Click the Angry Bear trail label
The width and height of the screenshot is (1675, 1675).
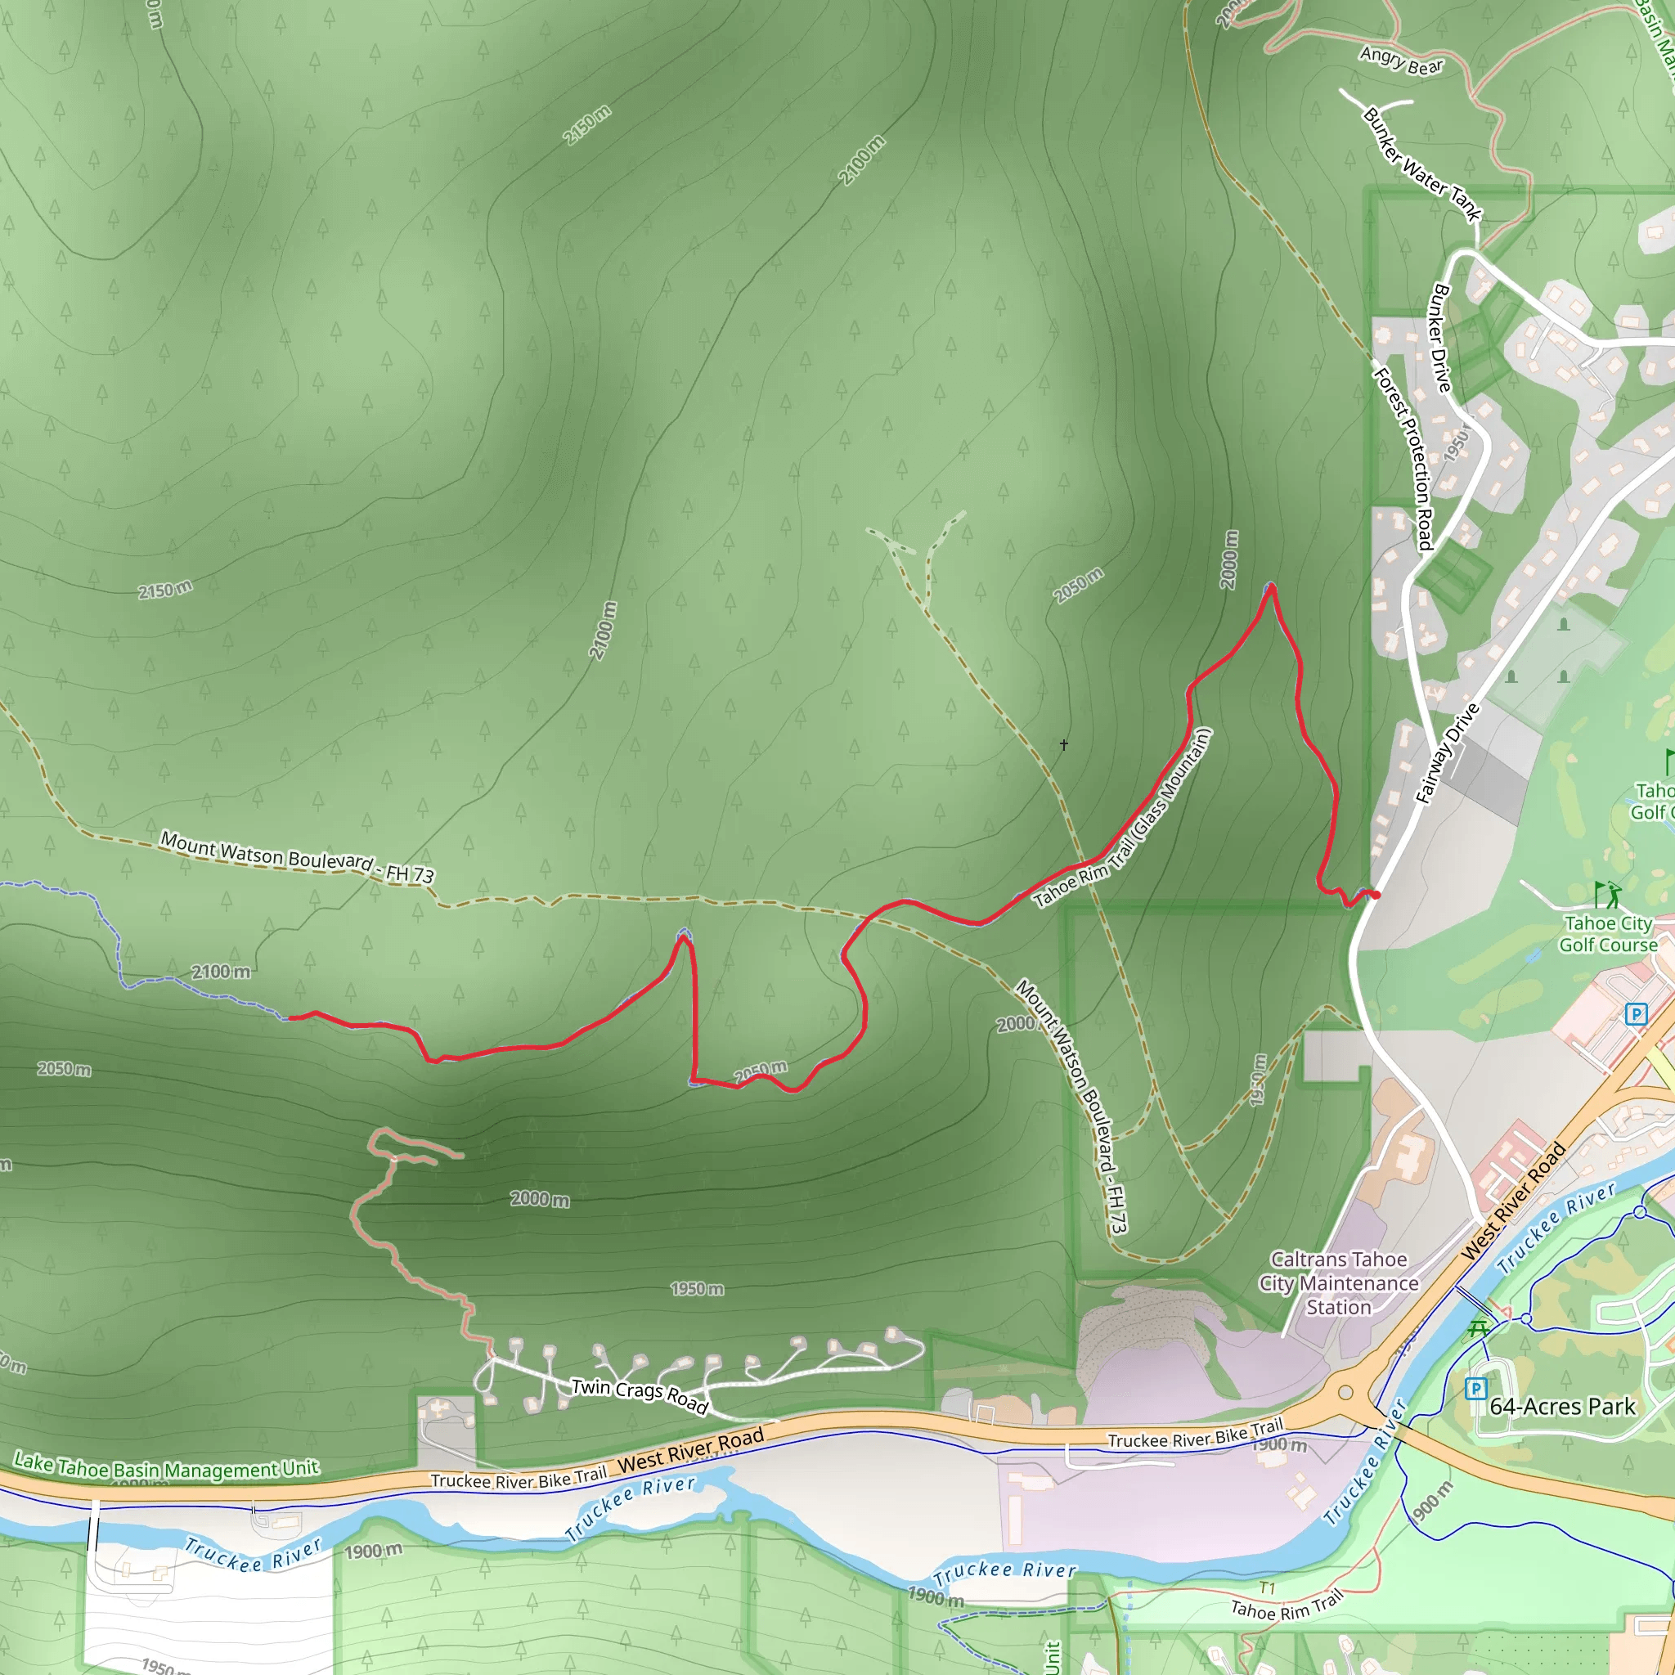pyautogui.click(x=1401, y=61)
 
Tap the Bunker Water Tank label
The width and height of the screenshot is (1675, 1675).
pyautogui.click(x=1421, y=164)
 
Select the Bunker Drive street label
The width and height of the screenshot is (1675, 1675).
pyautogui.click(x=1440, y=337)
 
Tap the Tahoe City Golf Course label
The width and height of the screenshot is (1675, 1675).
pyautogui.click(x=1608, y=934)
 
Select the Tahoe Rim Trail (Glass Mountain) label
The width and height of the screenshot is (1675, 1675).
pyautogui.click(x=1123, y=819)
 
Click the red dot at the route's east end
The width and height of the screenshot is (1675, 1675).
pyautogui.click(x=1375, y=895)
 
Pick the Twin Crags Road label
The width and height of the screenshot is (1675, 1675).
pyautogui.click(x=640, y=1394)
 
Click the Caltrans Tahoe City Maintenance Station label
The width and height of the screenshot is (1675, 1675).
pyautogui.click(x=1339, y=1283)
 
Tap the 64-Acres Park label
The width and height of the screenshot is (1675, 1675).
pyautogui.click(x=1562, y=1406)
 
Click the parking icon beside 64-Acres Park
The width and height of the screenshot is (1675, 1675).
pyautogui.click(x=1475, y=1389)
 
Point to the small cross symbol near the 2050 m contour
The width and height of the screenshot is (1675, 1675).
pyautogui.click(x=1064, y=744)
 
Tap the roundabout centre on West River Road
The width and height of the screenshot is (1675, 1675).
pyautogui.click(x=1345, y=1392)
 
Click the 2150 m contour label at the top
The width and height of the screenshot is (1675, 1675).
pyautogui.click(x=587, y=125)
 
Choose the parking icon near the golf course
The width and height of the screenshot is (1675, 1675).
pyautogui.click(x=1636, y=1013)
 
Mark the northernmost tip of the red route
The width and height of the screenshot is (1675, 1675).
pyautogui.click(x=1270, y=587)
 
